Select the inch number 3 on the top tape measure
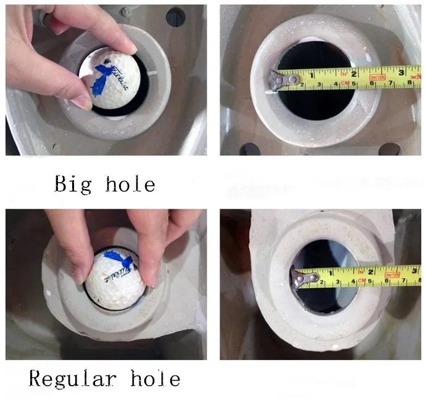401,72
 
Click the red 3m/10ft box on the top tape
378,76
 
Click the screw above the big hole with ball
126,12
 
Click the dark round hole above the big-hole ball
175,17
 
